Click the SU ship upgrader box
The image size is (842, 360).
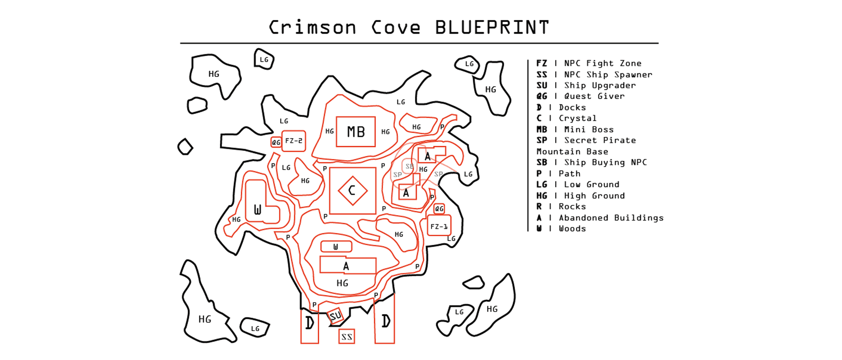click(x=335, y=316)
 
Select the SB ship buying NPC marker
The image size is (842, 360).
click(x=409, y=166)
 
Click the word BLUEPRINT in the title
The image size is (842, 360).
click(x=492, y=28)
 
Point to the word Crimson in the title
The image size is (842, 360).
click(x=312, y=28)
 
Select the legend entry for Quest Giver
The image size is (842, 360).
click(x=580, y=96)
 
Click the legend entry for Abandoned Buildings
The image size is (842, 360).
click(x=600, y=218)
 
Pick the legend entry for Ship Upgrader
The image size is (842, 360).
click(x=586, y=85)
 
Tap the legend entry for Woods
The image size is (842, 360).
click(x=561, y=228)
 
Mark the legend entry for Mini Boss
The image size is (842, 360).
click(x=575, y=130)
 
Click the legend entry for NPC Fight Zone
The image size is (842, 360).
click(x=589, y=63)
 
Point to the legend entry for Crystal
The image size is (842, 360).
click(x=566, y=118)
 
